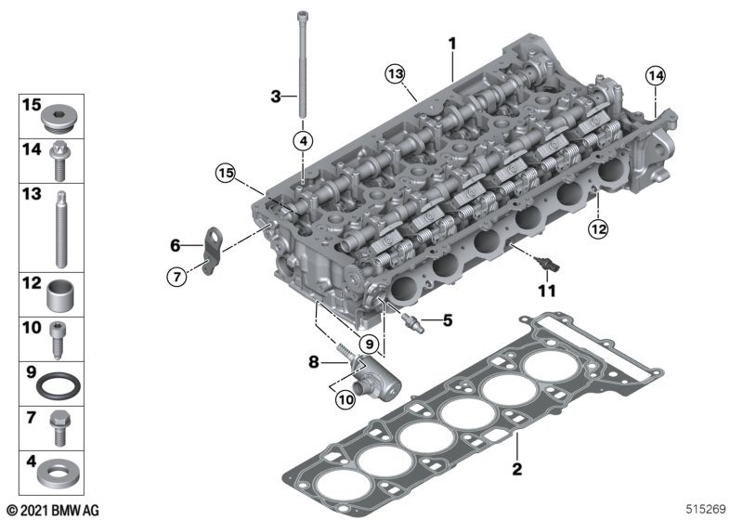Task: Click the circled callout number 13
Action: click(395, 74)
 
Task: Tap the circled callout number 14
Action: click(656, 75)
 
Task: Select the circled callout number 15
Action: click(226, 173)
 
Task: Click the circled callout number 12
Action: click(597, 229)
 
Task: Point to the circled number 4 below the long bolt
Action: click(303, 140)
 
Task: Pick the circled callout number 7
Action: click(176, 276)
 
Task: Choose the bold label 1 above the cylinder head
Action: click(452, 44)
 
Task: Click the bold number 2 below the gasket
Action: click(517, 469)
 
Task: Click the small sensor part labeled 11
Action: click(546, 265)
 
